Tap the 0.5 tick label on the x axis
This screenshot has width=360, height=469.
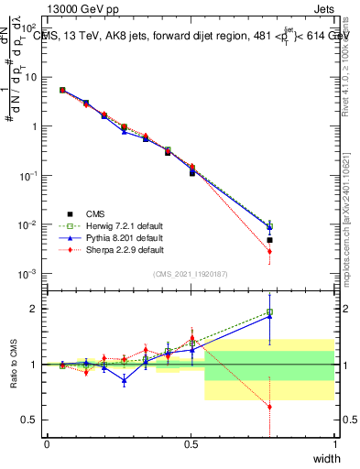(191, 444)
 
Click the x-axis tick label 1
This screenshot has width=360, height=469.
(334, 444)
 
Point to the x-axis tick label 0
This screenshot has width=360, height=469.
(47, 444)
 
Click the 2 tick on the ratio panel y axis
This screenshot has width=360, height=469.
(36, 309)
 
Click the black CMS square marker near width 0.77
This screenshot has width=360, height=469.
(269, 240)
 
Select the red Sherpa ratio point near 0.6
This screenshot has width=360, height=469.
(269, 407)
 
